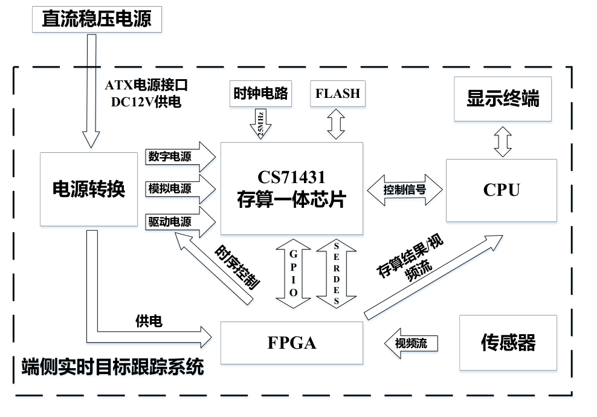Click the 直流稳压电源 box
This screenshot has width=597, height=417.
(97, 19)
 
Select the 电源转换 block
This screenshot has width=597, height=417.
(89, 189)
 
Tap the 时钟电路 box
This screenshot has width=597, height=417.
(262, 94)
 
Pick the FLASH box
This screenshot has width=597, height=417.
(337, 94)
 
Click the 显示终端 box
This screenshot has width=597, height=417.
(502, 99)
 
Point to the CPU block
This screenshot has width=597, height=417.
(501, 190)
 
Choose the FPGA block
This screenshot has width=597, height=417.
(292, 343)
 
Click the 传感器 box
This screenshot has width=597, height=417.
(508, 343)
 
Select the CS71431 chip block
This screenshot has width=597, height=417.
(292, 189)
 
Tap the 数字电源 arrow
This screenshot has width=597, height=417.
(179, 157)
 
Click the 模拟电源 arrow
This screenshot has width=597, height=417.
(179, 189)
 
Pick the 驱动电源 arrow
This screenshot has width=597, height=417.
(179, 222)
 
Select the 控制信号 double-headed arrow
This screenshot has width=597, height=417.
(404, 189)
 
